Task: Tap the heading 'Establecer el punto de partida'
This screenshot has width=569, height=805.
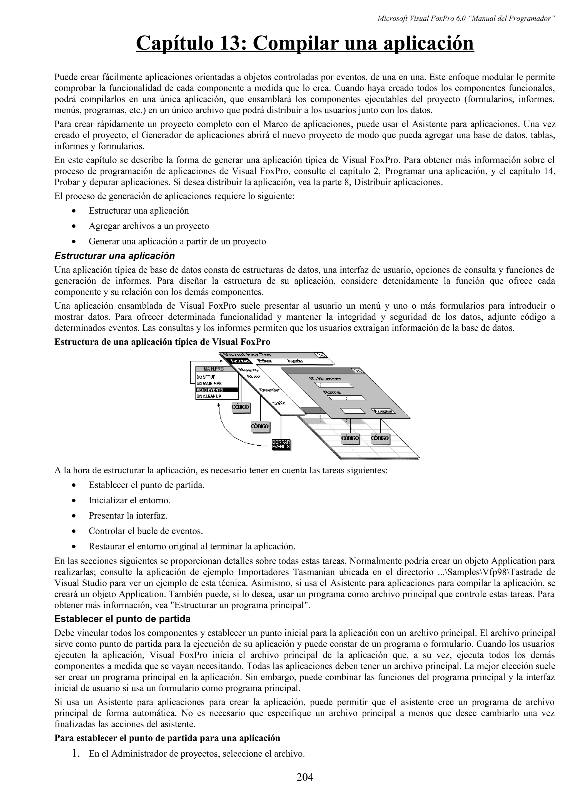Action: (x=122, y=619)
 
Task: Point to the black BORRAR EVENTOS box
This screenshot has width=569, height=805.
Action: (x=281, y=444)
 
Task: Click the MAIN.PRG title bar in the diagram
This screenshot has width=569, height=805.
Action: (x=213, y=369)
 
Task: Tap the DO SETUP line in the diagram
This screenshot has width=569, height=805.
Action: (x=206, y=377)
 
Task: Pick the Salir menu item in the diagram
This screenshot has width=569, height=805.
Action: (x=279, y=404)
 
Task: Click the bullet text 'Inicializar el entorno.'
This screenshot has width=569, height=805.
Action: (x=129, y=500)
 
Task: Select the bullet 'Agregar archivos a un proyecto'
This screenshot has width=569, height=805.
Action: (x=149, y=226)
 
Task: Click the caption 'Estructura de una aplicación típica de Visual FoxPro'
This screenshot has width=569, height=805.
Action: (x=162, y=342)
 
